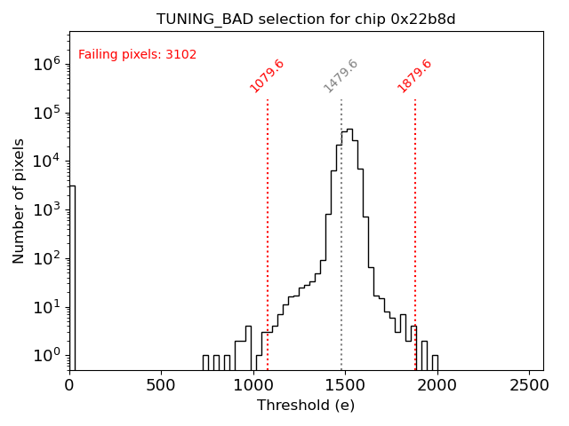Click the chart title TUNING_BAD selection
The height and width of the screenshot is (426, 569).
point(307,20)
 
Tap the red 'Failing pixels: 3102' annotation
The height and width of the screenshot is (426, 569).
point(138,55)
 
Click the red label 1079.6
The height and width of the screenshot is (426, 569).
point(267,76)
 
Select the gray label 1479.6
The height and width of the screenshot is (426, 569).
point(341,76)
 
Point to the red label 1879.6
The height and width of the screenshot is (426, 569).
point(414,76)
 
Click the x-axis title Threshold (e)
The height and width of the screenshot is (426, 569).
point(306,406)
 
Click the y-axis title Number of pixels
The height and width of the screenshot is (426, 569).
point(19,201)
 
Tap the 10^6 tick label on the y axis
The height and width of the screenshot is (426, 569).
point(45,64)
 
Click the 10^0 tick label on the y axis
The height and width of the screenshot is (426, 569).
point(45,355)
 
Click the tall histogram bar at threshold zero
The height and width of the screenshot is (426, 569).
point(72,275)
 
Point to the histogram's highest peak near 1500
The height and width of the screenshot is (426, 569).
point(349,130)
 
